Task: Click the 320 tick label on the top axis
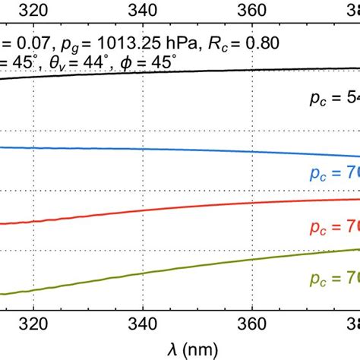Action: pyautogui.click(x=34, y=10)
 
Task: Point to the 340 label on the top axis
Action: pyautogui.click(x=144, y=10)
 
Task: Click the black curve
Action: pyautogui.click(x=152, y=72)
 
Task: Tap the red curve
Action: pyautogui.click(x=152, y=210)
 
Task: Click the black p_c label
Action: pyautogui.click(x=327, y=100)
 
